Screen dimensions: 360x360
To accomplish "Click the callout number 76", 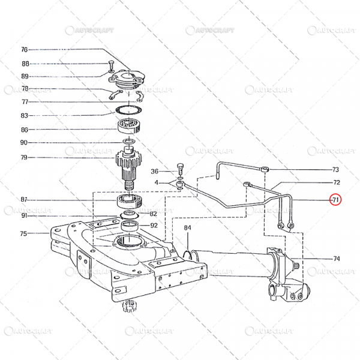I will (x=25, y=50).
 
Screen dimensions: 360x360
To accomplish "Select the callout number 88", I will (x=25, y=63).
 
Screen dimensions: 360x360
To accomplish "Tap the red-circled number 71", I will (x=335, y=199).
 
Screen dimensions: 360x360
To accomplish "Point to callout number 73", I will (x=335, y=170).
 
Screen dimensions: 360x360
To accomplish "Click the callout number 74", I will (x=336, y=259).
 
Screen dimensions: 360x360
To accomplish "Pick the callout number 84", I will (x=187, y=228).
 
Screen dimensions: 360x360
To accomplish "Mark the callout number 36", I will (x=154, y=171).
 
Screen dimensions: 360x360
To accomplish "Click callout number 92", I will (x=154, y=226).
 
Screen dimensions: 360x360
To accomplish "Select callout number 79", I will (x=25, y=158).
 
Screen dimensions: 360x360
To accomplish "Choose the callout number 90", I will (x=25, y=143).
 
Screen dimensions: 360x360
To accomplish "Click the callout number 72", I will (x=336, y=182).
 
